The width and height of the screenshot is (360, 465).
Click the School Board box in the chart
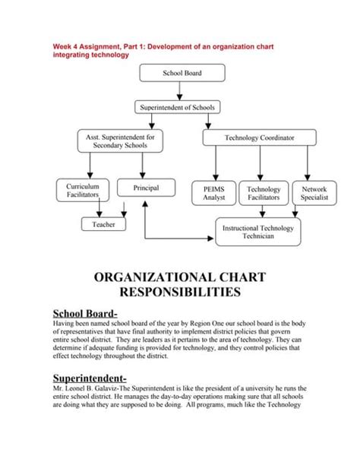(182, 74)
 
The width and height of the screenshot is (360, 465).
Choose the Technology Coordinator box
(259, 138)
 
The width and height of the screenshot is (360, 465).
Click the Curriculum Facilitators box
(77, 191)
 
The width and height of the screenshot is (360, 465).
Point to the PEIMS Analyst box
(213, 192)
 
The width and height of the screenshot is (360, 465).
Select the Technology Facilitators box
(264, 192)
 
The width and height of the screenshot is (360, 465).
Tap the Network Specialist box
(314, 192)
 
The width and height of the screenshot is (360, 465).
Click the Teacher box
(103, 225)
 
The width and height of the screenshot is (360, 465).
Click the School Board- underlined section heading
(84, 313)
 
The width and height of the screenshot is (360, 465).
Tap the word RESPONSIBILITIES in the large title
(179, 290)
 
